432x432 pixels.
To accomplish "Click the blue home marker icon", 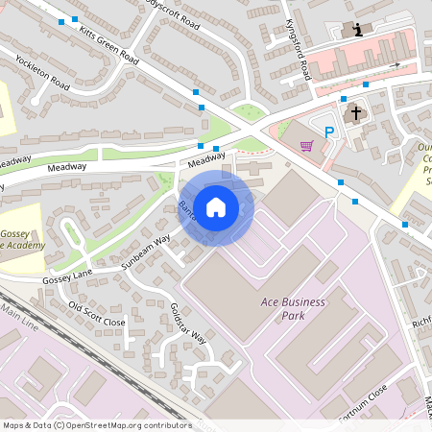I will point(216,206).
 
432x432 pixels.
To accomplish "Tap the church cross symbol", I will point(355,113).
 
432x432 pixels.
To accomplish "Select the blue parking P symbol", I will point(329,132).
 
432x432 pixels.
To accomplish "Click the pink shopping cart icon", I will point(306,146).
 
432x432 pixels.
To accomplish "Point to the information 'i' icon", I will point(358,30).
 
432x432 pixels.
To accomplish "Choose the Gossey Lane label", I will point(67,277).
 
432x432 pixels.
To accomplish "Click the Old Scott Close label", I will point(96,314).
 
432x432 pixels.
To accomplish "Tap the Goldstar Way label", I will point(187,323).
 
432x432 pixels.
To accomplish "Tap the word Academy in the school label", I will point(26,245).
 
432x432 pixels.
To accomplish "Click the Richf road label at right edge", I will point(420,324).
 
